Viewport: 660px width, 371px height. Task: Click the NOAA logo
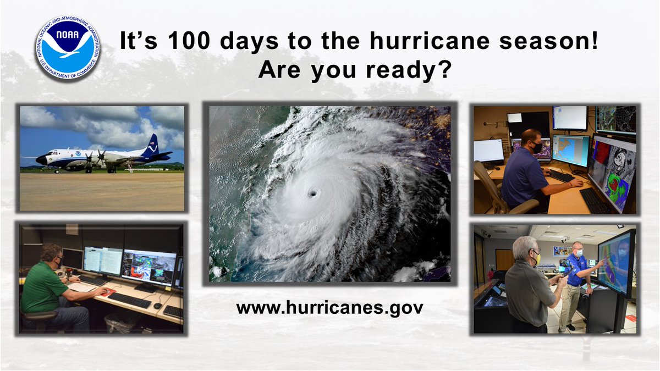coord(67,48)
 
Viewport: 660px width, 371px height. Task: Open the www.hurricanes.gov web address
coord(329,307)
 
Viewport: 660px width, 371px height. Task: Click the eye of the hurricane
coord(313,193)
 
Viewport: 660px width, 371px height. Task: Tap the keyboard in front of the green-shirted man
coord(130,300)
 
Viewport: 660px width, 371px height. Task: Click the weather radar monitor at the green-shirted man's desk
coord(149,267)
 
